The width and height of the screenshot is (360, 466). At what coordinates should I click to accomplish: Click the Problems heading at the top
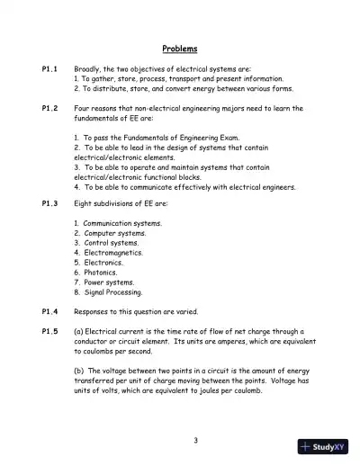point(179,48)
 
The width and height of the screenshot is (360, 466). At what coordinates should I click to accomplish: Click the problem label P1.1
point(50,68)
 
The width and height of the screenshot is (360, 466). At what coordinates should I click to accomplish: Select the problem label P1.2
point(50,108)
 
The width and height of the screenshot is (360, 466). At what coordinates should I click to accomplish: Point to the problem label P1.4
point(50,311)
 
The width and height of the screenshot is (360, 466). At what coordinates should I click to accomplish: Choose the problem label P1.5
point(50,331)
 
